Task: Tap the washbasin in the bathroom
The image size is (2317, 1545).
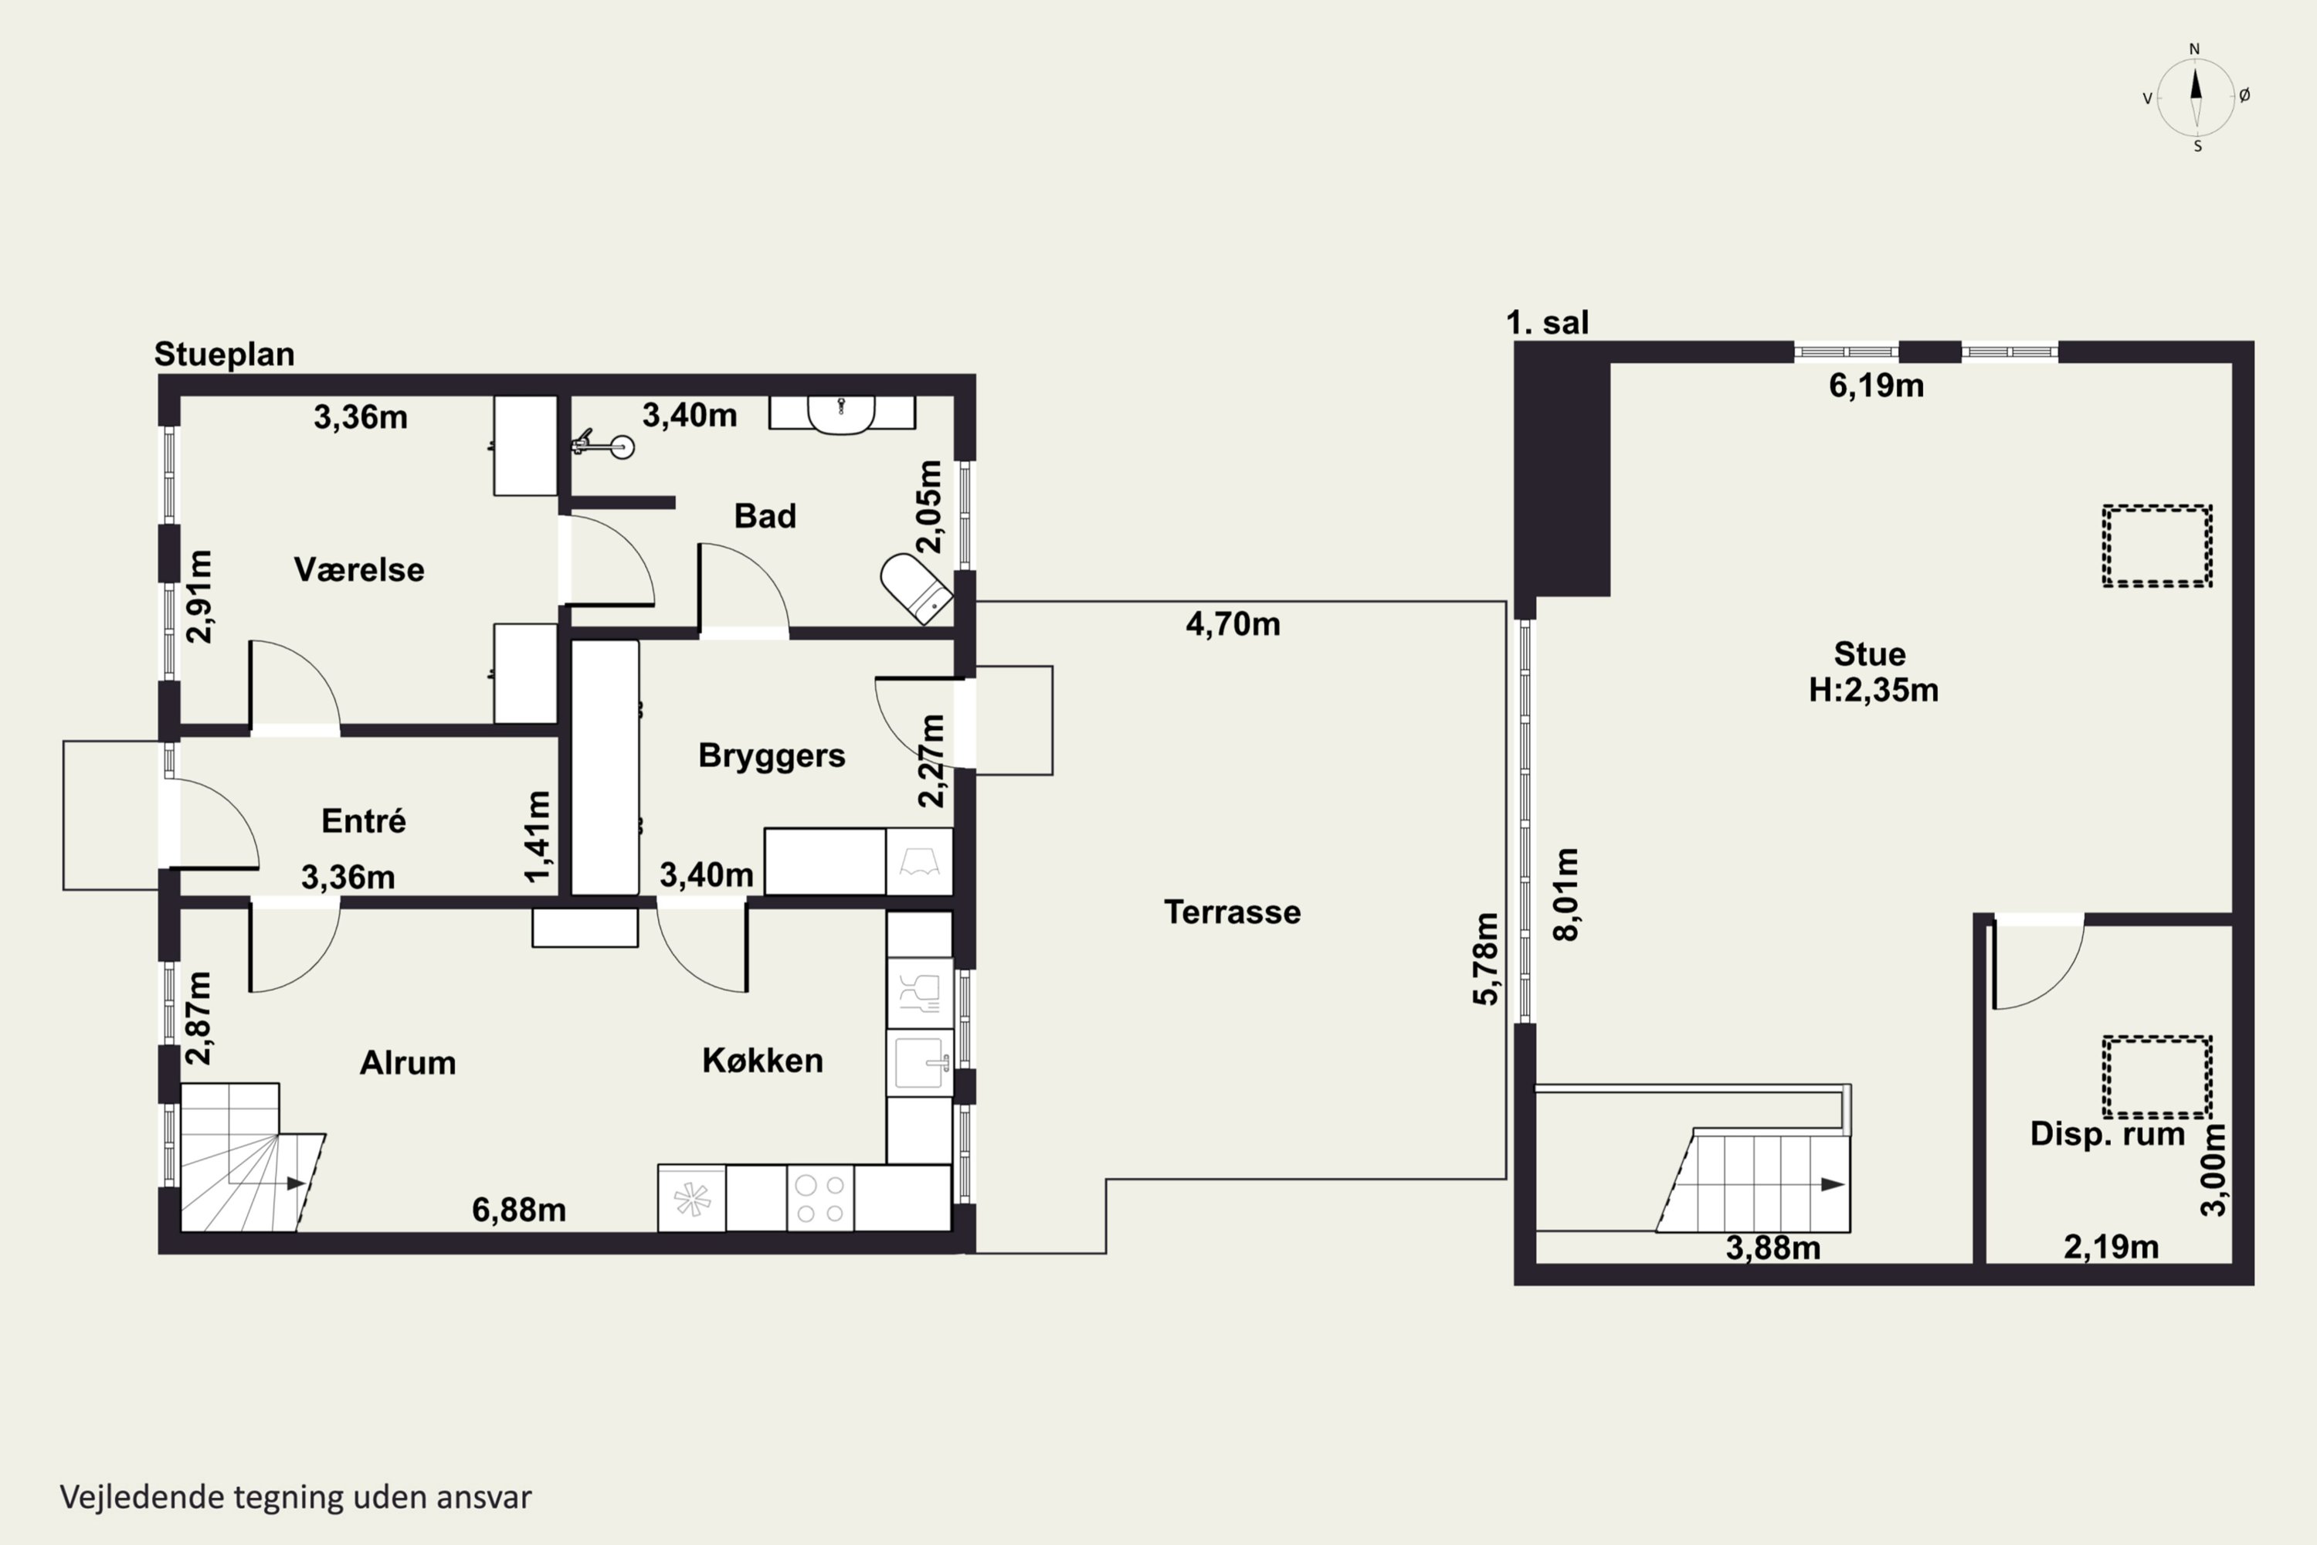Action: (x=841, y=414)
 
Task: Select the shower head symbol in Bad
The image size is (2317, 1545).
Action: (x=603, y=444)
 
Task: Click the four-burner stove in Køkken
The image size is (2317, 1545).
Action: (x=820, y=1198)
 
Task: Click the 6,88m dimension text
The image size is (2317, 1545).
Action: (x=519, y=1210)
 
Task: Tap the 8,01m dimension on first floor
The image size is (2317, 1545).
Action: (x=1566, y=894)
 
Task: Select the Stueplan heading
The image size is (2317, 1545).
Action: (x=225, y=354)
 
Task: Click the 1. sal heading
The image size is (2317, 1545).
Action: (x=1548, y=322)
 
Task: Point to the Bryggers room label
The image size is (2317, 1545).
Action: (x=772, y=756)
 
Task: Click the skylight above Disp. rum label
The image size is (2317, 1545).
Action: (x=2157, y=1076)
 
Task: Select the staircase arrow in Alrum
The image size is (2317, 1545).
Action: (x=294, y=1183)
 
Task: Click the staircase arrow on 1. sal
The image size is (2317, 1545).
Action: (x=1832, y=1184)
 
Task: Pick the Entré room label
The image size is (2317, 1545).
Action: (x=364, y=820)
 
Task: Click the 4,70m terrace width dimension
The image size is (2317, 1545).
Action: (x=1233, y=623)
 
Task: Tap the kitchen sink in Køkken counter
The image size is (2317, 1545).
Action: (x=919, y=1062)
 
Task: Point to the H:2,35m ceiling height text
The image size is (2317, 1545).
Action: (x=1873, y=690)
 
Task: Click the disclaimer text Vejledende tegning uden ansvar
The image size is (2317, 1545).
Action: (x=296, y=1497)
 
